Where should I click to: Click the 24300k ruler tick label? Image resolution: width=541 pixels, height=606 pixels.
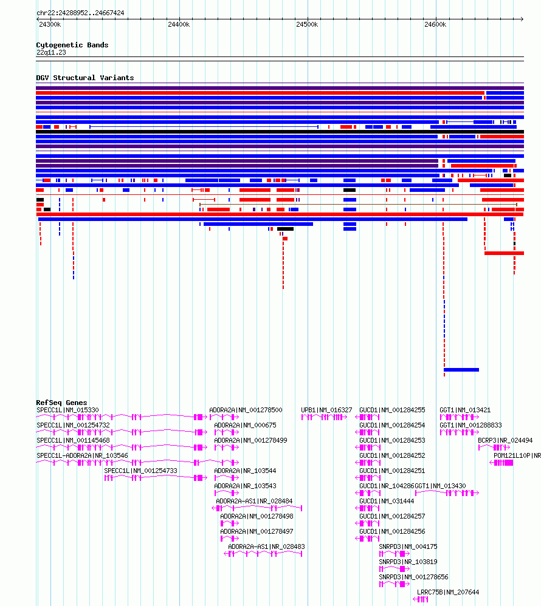[50, 24]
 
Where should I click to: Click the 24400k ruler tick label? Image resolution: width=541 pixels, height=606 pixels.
[178, 24]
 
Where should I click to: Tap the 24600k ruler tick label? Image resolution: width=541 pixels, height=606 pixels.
[435, 24]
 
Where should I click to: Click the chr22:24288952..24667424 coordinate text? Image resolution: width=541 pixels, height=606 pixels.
[80, 13]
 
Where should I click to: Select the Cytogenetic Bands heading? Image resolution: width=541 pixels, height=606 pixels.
[72, 45]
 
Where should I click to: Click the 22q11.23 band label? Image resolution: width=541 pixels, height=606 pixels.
[51, 52]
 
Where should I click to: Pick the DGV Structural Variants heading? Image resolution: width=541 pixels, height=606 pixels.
[84, 78]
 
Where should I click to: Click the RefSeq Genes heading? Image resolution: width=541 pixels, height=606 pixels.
[61, 403]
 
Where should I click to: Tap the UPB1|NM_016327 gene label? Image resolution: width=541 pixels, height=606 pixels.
[326, 410]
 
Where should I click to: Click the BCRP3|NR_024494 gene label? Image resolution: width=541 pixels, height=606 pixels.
[505, 440]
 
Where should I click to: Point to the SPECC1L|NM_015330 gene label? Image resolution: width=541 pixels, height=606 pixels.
[67, 410]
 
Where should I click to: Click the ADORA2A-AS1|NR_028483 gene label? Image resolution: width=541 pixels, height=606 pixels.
[266, 546]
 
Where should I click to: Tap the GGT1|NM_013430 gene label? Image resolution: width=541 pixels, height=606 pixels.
[440, 486]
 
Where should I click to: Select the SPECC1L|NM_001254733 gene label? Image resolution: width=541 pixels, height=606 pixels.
[140, 471]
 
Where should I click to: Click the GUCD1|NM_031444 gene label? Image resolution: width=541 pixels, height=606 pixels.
[387, 501]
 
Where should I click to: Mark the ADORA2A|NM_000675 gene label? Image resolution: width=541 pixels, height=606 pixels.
[245, 425]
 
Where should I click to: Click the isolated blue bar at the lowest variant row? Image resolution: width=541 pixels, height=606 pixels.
[461, 369]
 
